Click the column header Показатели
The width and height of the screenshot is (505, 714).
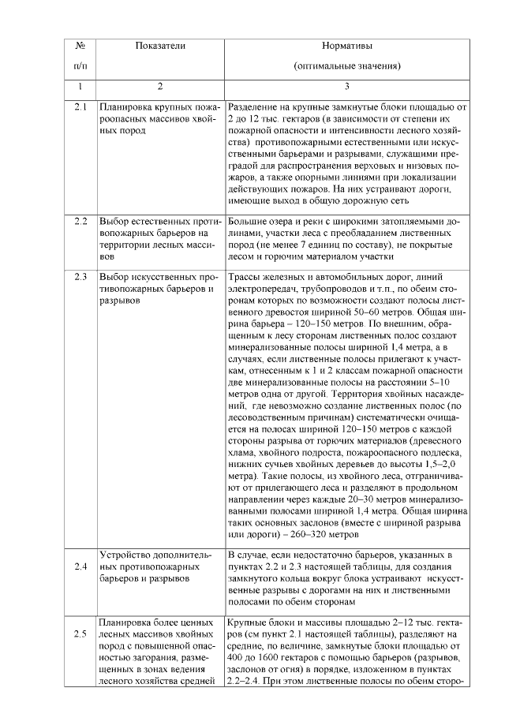(159, 47)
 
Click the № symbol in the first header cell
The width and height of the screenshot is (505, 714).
(80, 47)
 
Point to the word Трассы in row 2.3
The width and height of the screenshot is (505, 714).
(244, 277)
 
